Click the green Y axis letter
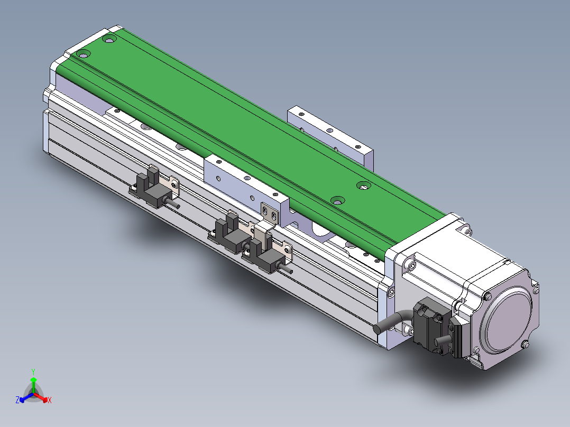pos(33,372)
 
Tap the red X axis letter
pos(50,400)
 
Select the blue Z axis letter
pos(17,400)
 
